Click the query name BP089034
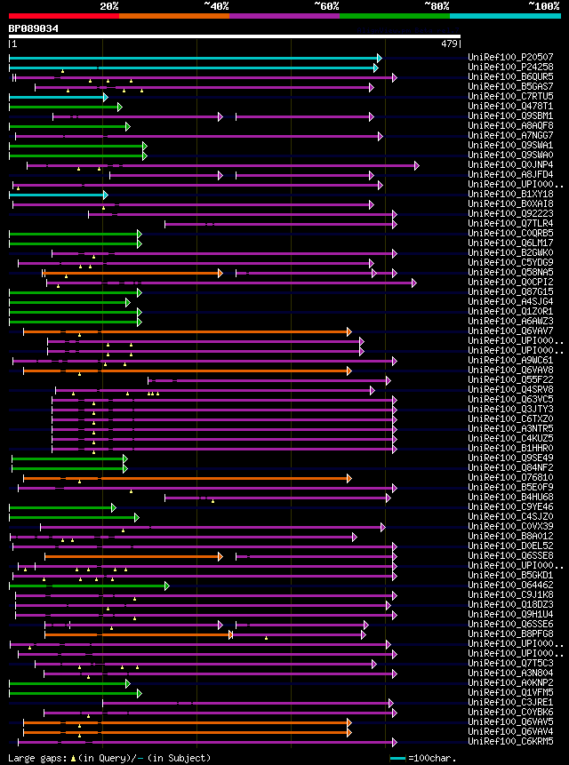click(34, 28)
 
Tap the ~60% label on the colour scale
click(326, 5)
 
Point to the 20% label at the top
click(109, 5)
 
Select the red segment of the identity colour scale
click(63, 15)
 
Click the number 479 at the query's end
click(448, 44)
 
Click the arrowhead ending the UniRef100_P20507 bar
click(378, 57)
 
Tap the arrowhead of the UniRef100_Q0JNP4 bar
click(416, 164)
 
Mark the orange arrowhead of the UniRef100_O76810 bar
click(349, 478)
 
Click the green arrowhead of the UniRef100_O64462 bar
click(165, 586)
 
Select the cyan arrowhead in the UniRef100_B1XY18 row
click(105, 194)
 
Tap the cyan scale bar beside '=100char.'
click(397, 759)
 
